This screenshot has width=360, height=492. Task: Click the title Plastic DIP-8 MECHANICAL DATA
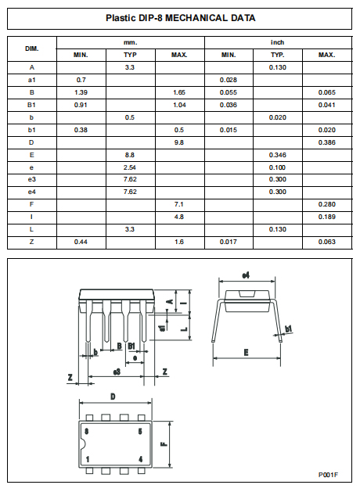[180, 17]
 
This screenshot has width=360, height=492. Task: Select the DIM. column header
[32, 48]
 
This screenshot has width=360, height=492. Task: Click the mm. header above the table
[131, 42]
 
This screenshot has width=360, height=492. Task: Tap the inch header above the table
[278, 42]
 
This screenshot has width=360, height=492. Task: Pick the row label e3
[32, 180]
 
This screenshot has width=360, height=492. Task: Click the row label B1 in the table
[32, 105]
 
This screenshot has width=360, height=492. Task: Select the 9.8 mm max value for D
[179, 142]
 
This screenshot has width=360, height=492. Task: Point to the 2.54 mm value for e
[131, 167]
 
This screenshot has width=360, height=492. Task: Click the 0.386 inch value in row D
[326, 142]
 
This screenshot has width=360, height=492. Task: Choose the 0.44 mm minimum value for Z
[81, 242]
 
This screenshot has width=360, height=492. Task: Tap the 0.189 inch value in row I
[326, 217]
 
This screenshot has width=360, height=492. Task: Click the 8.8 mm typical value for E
[131, 155]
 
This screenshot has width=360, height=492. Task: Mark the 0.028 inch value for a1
[228, 80]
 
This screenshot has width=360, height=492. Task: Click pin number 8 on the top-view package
[87, 431]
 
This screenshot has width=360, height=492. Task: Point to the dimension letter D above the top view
[113, 397]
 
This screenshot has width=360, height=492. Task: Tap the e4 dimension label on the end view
[246, 275]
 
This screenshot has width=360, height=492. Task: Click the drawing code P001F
[327, 474]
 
